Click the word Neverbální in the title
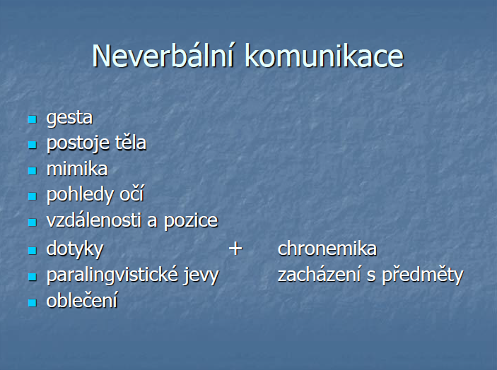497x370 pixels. pos(163,56)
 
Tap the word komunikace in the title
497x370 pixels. pos(324,56)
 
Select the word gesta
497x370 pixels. pos(69,119)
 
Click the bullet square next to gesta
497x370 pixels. pos(33,119)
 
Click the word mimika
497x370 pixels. pos(77,168)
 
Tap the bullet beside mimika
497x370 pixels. pos(33,171)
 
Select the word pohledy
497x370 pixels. pos(80,195)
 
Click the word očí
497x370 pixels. pos(131,193)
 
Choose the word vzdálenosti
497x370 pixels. pos(94,220)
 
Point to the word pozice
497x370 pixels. pos(191,221)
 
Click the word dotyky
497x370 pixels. pos(75,249)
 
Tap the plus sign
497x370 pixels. pos(235,248)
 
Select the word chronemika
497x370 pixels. pos(327,248)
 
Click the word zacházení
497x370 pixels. pos(320,274)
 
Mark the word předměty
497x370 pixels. pos(423,275)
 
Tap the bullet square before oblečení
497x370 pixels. pos(33,303)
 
